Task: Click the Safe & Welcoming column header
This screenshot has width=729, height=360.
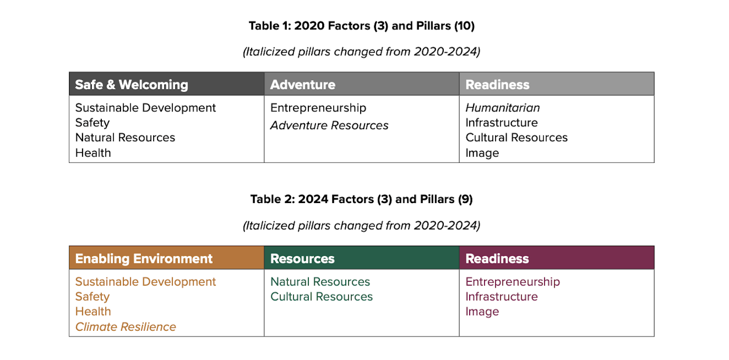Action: point(132,84)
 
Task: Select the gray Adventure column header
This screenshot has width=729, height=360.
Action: point(303,84)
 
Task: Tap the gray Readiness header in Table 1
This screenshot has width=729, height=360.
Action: point(497,84)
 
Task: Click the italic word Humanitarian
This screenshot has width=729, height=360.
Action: point(502,108)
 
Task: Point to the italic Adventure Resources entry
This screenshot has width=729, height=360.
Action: point(329,125)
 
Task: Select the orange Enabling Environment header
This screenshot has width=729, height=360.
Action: point(144,259)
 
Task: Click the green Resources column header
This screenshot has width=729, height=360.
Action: point(303,259)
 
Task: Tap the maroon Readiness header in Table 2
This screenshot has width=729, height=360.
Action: point(497,259)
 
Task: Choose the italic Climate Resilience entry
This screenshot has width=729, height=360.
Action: point(126,326)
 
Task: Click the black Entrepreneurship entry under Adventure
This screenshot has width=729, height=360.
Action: point(318,108)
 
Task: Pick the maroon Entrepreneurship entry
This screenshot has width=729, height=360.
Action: point(512,282)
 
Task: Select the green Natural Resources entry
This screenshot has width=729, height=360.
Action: point(320,282)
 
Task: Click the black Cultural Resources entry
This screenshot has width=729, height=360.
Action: point(516,138)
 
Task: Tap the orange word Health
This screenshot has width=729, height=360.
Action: point(93,312)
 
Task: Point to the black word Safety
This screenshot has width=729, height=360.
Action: point(92,123)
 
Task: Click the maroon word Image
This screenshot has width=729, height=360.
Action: point(482,312)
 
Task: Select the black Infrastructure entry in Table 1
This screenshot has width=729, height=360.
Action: point(501,122)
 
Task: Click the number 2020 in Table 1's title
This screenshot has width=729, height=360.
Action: point(309,26)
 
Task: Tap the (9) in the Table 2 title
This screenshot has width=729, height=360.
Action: point(465,199)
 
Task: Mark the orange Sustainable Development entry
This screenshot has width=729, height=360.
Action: point(146,282)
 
